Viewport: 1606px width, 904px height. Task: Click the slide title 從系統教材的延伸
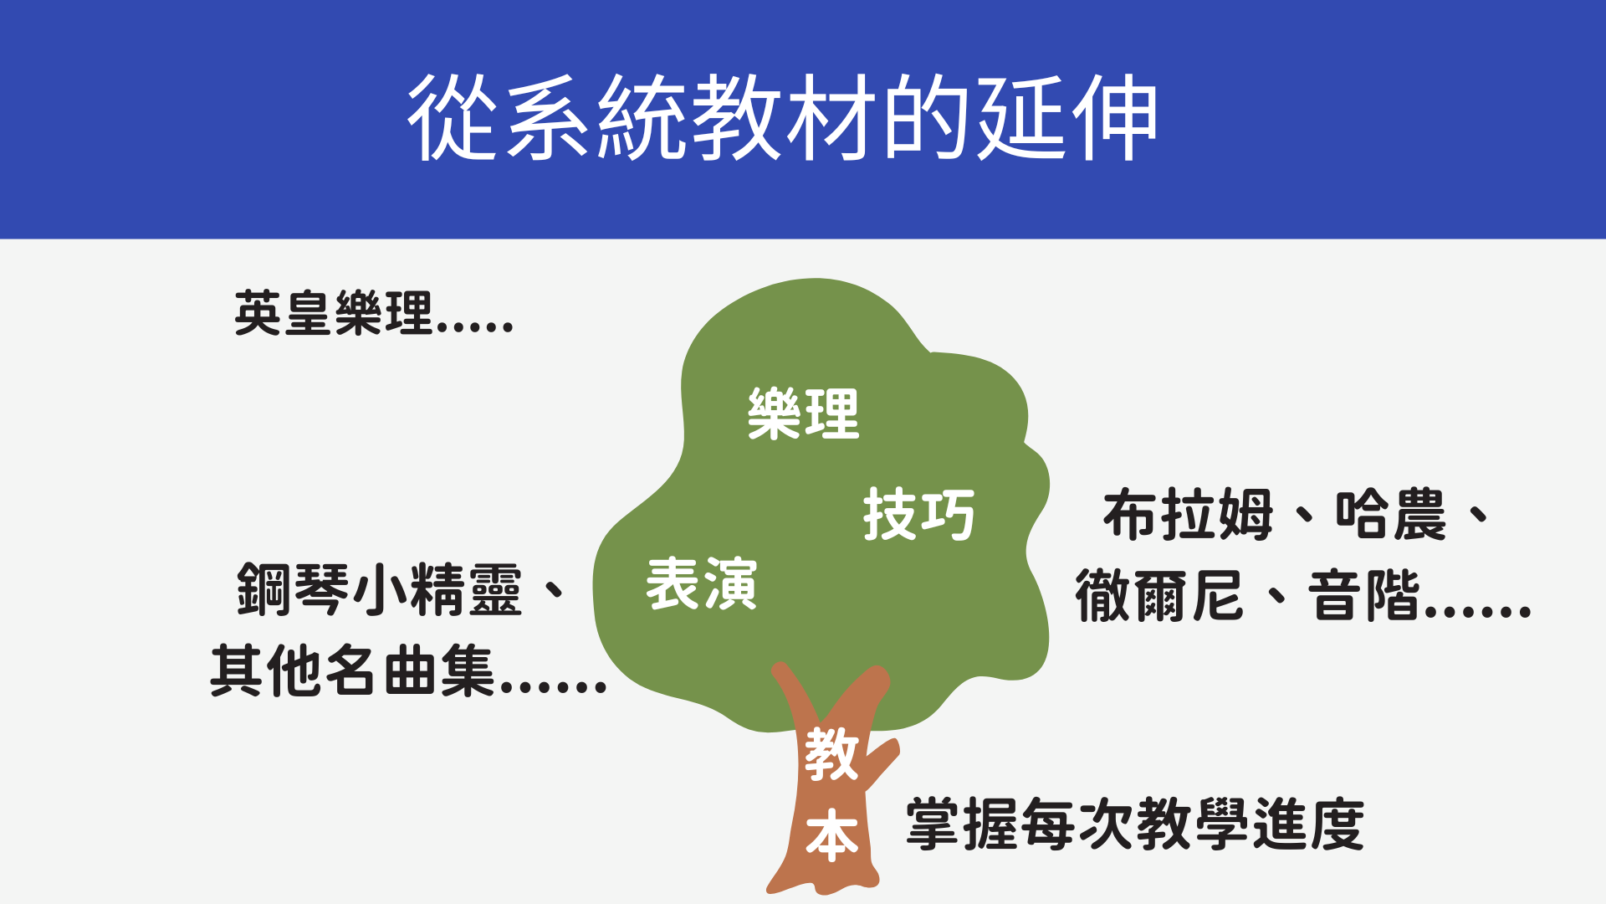783,117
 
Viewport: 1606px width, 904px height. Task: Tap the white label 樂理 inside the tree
803,413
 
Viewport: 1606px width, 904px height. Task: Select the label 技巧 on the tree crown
918,514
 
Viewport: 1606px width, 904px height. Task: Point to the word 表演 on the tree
701,583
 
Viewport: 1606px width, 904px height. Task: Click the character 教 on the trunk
831,754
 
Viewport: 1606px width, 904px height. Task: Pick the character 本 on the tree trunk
831,835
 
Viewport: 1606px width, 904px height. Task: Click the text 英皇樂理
334,314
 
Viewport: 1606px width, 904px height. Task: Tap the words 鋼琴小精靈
380,590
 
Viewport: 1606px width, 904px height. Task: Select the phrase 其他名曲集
353,670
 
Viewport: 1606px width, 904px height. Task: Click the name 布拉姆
1188,515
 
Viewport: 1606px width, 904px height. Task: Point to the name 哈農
1391,515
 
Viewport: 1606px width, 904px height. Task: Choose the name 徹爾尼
1159,595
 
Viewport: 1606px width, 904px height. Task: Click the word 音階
1364,595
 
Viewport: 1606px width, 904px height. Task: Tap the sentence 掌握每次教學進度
1135,824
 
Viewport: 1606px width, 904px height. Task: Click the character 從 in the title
453,117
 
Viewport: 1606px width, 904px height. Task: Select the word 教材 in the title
783,117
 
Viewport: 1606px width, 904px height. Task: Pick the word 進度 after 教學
1308,824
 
